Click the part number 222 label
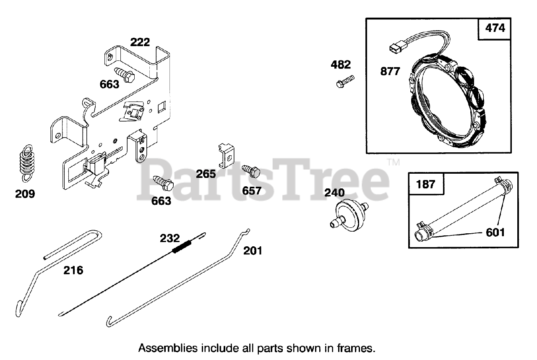pyautogui.click(x=140, y=42)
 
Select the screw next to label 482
pyautogui.click(x=344, y=81)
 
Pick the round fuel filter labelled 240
pyautogui.click(x=348, y=214)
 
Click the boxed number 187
pyautogui.click(x=426, y=184)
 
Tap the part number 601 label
pyautogui.click(x=495, y=232)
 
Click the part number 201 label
pyautogui.click(x=253, y=251)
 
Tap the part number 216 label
pyautogui.click(x=73, y=271)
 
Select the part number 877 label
pyautogui.click(x=390, y=71)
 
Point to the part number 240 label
pyautogui.click(x=334, y=193)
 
